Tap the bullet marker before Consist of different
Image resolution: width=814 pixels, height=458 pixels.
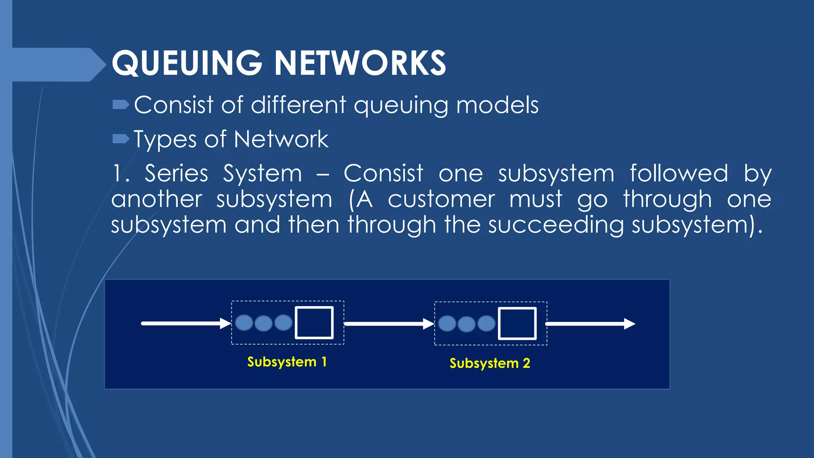click(x=120, y=105)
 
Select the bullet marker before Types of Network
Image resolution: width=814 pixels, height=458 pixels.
click(x=120, y=139)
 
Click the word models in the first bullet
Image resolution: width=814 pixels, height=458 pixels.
click(x=497, y=105)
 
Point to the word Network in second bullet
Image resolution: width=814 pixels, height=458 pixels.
click(x=281, y=140)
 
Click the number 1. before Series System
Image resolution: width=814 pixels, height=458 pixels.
click(x=121, y=174)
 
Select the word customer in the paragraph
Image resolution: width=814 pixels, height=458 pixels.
click(x=441, y=199)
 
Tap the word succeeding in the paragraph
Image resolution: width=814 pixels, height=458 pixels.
click(x=556, y=225)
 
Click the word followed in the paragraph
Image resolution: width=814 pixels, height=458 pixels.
click(x=679, y=174)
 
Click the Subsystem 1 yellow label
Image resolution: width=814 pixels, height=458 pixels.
click(x=287, y=362)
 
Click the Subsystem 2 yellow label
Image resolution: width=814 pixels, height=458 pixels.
click(x=490, y=363)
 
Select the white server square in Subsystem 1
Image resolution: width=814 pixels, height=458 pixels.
click(x=314, y=322)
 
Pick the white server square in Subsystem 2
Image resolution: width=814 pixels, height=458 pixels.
click(x=517, y=323)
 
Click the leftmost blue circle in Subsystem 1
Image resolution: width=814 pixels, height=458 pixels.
click(x=244, y=322)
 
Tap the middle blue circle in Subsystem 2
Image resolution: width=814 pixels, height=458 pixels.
click(x=467, y=324)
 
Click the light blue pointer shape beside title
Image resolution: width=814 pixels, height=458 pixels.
click(x=56, y=64)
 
